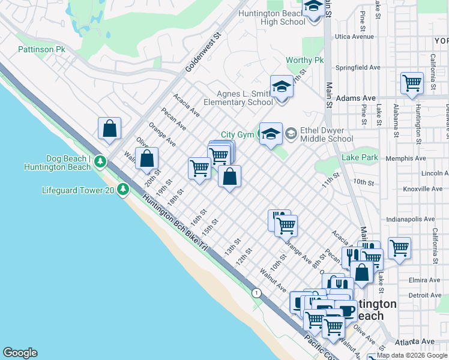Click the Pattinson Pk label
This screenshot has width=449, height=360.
[41, 49]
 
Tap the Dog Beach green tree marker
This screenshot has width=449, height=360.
[100, 161]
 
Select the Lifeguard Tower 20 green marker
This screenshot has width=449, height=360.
[123, 190]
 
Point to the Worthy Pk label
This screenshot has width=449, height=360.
[304, 61]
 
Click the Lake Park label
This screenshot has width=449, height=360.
[360, 157]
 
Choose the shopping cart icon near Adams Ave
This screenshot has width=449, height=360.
[412, 83]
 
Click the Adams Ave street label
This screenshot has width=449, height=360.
[355, 98]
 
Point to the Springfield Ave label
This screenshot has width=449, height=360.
[358, 67]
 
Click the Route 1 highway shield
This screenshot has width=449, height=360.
[257, 293]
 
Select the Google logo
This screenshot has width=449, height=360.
[20, 353]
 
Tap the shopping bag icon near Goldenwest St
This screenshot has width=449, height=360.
[109, 128]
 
